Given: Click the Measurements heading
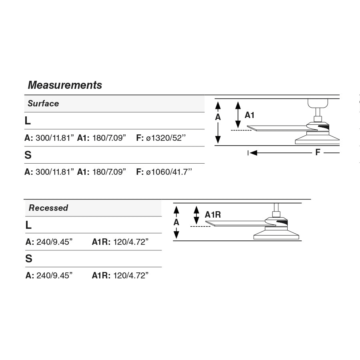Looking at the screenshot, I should (65, 85).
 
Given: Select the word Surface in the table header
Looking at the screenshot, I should (43, 104).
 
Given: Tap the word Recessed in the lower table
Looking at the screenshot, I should (48, 208).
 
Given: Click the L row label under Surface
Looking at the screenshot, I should (28, 121).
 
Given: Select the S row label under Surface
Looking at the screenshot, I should (28, 155).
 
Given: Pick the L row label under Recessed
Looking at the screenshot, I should (28, 225).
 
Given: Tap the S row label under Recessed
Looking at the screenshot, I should (29, 259).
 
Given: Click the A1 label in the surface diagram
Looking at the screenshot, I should (250, 115).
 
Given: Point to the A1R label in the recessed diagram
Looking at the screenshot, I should (213, 215).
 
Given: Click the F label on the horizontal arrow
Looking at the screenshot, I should (318, 152).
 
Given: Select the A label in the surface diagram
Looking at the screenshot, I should (218, 117).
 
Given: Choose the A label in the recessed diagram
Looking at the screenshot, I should (176, 222).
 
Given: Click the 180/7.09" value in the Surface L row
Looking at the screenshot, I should (109, 138).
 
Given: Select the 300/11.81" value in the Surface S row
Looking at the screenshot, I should (55, 172).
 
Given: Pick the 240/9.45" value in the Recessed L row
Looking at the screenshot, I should (54, 242).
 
